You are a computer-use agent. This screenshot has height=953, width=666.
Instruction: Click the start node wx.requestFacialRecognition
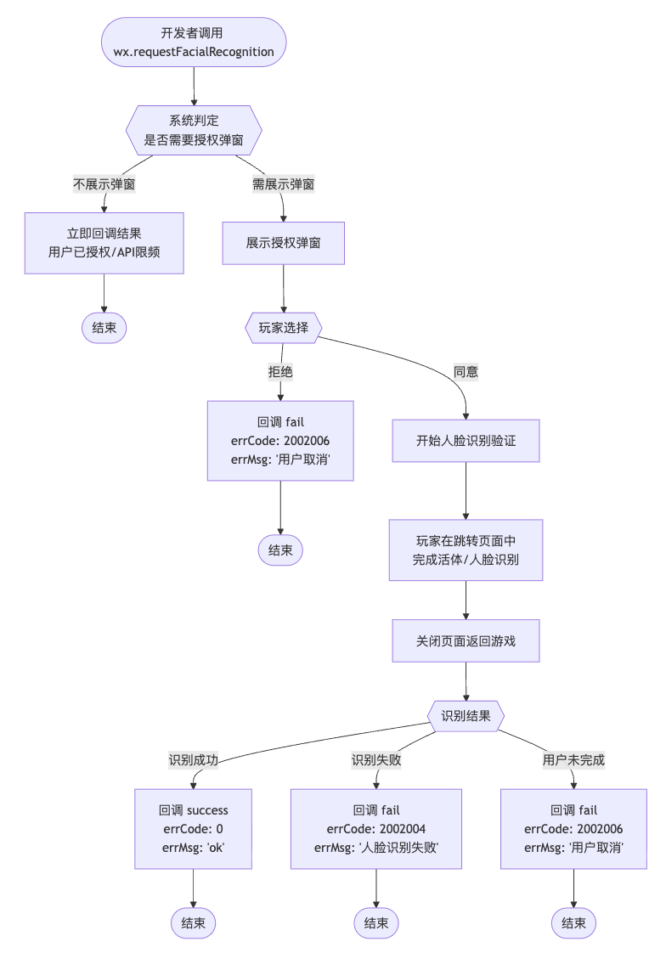pyautogui.click(x=194, y=42)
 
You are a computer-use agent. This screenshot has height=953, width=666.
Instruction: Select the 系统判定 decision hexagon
pyautogui.click(x=194, y=130)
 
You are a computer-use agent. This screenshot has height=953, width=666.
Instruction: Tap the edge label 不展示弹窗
pyautogui.click(x=104, y=183)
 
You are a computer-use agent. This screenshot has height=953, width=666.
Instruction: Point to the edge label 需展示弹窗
pyautogui.click(x=283, y=183)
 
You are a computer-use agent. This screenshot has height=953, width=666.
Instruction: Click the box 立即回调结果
pyautogui.click(x=104, y=243)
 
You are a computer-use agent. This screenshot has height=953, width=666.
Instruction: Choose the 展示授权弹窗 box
pyautogui.click(x=283, y=243)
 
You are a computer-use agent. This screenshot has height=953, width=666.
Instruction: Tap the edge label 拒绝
pyautogui.click(x=280, y=371)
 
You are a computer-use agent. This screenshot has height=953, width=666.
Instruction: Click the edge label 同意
pyautogui.click(x=466, y=371)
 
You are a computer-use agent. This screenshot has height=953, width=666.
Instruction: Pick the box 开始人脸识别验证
pyautogui.click(x=466, y=441)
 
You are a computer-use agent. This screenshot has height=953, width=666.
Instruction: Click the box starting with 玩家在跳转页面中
pyautogui.click(x=466, y=550)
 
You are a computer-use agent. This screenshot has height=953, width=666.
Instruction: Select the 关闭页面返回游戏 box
pyautogui.click(x=466, y=640)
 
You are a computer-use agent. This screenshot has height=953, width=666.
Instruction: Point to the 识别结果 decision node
pyautogui.click(x=466, y=715)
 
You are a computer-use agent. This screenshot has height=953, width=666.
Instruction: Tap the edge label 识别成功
pyautogui.click(x=194, y=760)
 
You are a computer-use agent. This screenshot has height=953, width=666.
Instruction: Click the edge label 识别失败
pyautogui.click(x=376, y=760)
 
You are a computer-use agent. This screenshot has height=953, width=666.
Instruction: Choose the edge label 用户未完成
pyautogui.click(x=573, y=760)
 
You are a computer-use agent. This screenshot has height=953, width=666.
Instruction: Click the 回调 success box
pyautogui.click(x=194, y=828)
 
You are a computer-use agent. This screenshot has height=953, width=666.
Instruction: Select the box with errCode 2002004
pyautogui.click(x=376, y=828)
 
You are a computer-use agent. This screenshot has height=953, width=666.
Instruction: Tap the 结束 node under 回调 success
pyautogui.click(x=194, y=922)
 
